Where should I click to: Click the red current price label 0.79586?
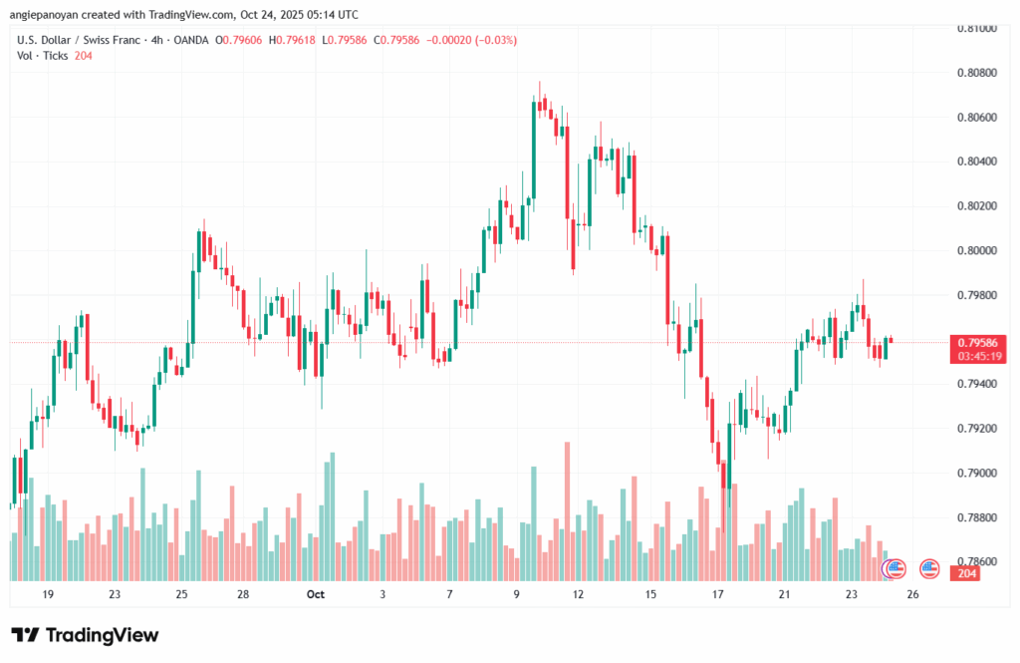tap(977, 342)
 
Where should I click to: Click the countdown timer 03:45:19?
tap(977, 355)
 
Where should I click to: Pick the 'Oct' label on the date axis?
tap(316, 594)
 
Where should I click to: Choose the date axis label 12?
tap(578, 594)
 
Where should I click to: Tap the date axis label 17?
tap(717, 594)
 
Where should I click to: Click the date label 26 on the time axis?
tap(913, 594)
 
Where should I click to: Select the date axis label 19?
tap(48, 594)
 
